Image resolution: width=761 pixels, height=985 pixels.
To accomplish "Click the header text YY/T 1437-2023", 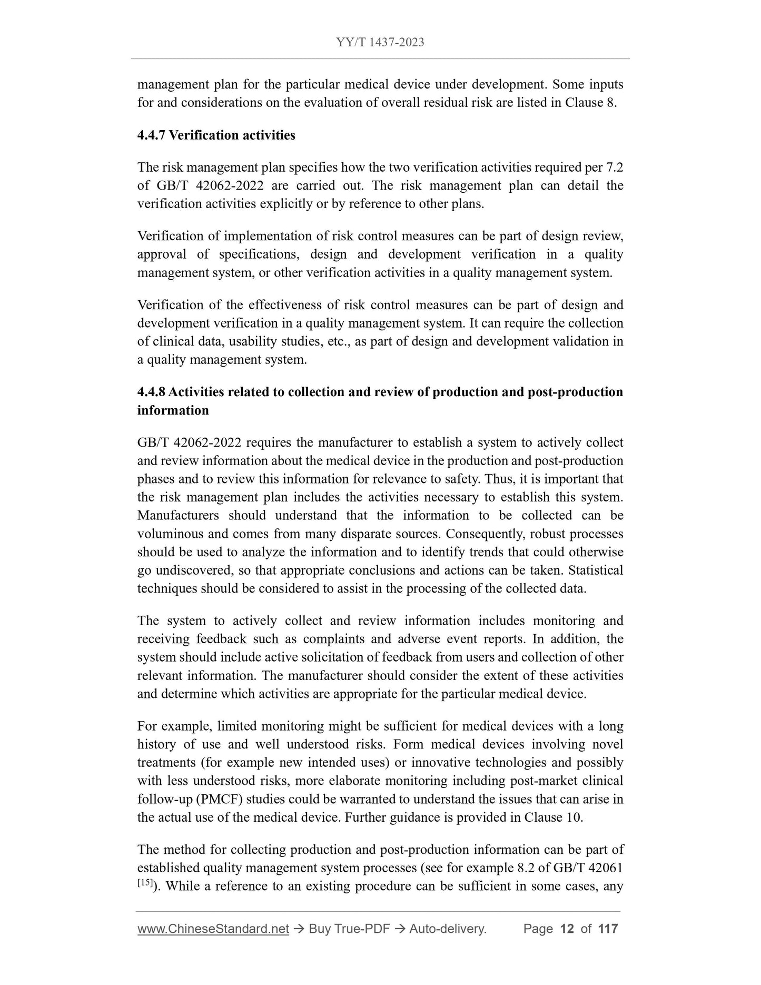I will (x=380, y=42).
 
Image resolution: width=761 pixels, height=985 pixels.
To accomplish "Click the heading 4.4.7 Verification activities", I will (x=216, y=135).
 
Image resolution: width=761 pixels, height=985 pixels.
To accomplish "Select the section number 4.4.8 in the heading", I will (x=151, y=392).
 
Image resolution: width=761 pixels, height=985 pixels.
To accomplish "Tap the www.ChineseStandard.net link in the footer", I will (x=213, y=929).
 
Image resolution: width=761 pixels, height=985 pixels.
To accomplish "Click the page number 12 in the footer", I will (x=567, y=929).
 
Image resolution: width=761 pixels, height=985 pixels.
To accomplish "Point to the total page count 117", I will (x=608, y=929).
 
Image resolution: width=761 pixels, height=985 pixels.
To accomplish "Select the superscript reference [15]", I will (x=145, y=883).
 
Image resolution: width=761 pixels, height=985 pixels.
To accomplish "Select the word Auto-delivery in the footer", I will (x=447, y=929).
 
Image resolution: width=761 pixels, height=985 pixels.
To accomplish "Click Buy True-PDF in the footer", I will (x=349, y=929).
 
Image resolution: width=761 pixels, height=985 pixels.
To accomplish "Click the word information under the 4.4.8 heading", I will (x=173, y=410).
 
